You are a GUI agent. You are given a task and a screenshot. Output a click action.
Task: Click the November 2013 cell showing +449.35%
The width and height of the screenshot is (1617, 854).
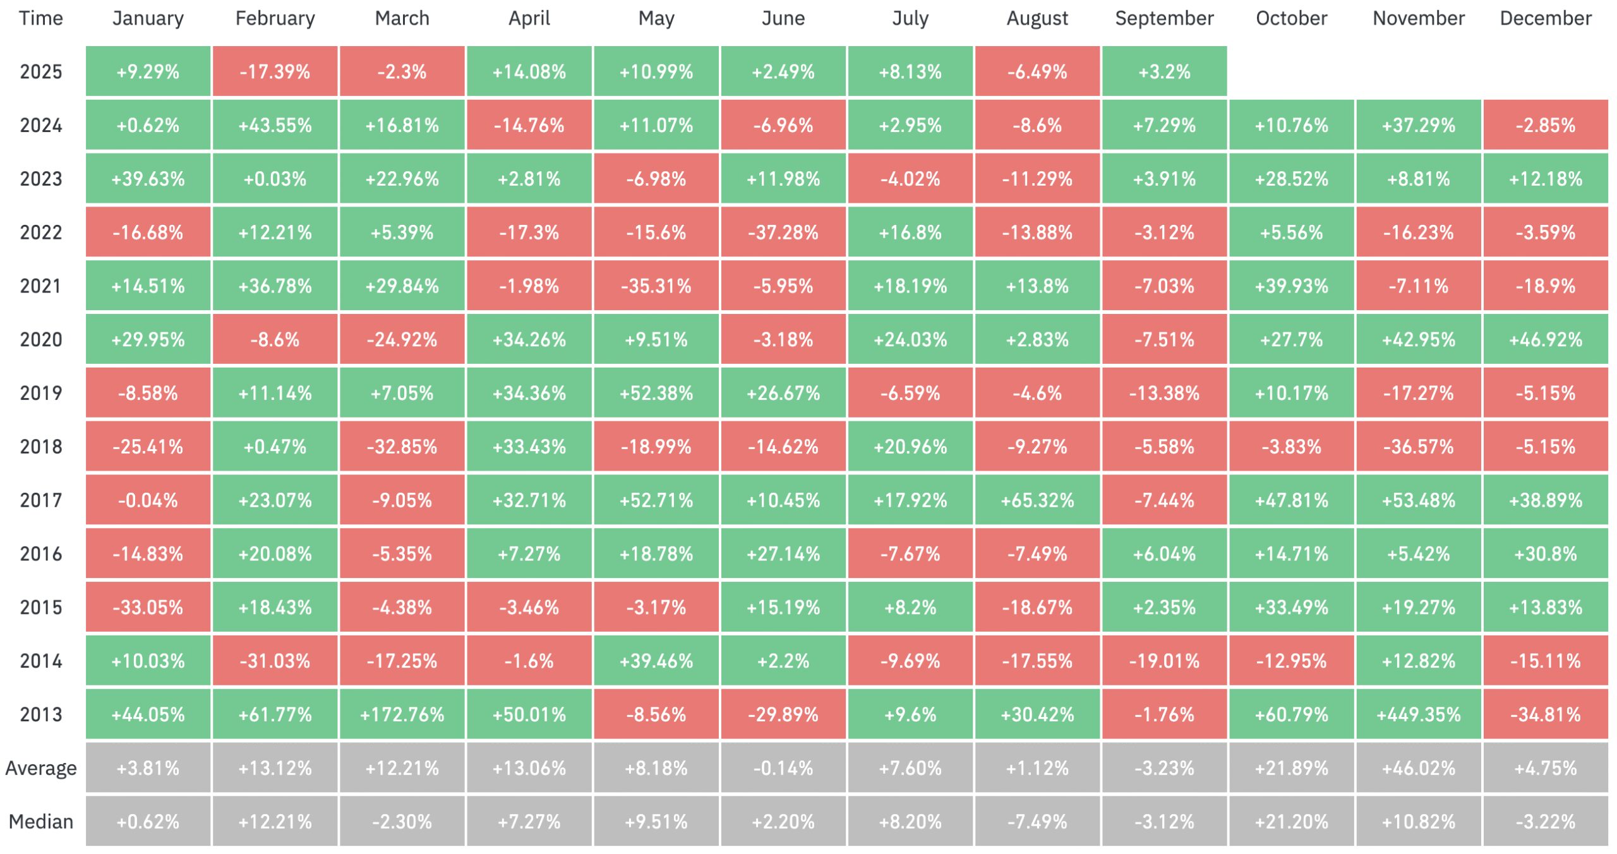(x=1418, y=714)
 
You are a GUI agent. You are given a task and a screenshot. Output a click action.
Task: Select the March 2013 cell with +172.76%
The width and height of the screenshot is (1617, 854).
(x=402, y=714)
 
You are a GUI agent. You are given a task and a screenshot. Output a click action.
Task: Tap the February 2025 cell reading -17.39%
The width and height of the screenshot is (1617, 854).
(x=275, y=71)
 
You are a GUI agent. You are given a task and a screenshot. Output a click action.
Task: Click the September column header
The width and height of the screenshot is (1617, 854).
(x=1164, y=18)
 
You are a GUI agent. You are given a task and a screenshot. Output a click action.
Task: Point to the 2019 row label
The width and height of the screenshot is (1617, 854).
(x=41, y=393)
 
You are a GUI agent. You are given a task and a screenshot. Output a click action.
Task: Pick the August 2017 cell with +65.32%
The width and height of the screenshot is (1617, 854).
(x=1037, y=500)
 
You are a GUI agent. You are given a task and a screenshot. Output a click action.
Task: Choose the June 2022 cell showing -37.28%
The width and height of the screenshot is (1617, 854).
(x=783, y=232)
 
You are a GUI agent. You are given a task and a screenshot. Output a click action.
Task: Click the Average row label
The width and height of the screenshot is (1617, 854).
(x=41, y=768)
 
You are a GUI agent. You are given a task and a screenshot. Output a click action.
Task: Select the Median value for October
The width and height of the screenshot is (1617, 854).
(x=1291, y=821)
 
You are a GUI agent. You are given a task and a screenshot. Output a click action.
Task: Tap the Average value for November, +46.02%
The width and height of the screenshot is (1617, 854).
(x=1418, y=768)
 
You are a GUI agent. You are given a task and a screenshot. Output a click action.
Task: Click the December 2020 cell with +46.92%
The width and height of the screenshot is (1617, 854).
(x=1545, y=340)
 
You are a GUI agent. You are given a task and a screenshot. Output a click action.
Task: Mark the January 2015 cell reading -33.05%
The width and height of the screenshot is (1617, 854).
(x=148, y=608)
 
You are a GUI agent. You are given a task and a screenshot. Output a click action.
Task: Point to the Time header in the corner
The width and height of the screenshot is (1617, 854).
(x=41, y=18)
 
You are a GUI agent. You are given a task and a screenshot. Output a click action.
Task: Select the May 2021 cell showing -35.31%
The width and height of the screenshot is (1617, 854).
(x=656, y=286)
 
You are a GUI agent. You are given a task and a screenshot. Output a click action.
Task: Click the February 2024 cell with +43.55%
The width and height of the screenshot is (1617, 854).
(x=275, y=125)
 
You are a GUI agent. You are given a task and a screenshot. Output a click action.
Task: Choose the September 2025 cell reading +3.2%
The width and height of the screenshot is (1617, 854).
(x=1164, y=71)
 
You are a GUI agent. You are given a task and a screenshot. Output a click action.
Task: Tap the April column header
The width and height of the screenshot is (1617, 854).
(x=529, y=18)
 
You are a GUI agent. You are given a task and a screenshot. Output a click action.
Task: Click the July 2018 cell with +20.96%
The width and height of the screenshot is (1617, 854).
(x=910, y=447)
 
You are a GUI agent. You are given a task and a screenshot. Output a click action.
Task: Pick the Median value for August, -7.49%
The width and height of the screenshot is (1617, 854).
(x=1037, y=821)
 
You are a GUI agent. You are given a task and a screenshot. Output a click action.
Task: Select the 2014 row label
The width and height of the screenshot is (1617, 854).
(x=41, y=661)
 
